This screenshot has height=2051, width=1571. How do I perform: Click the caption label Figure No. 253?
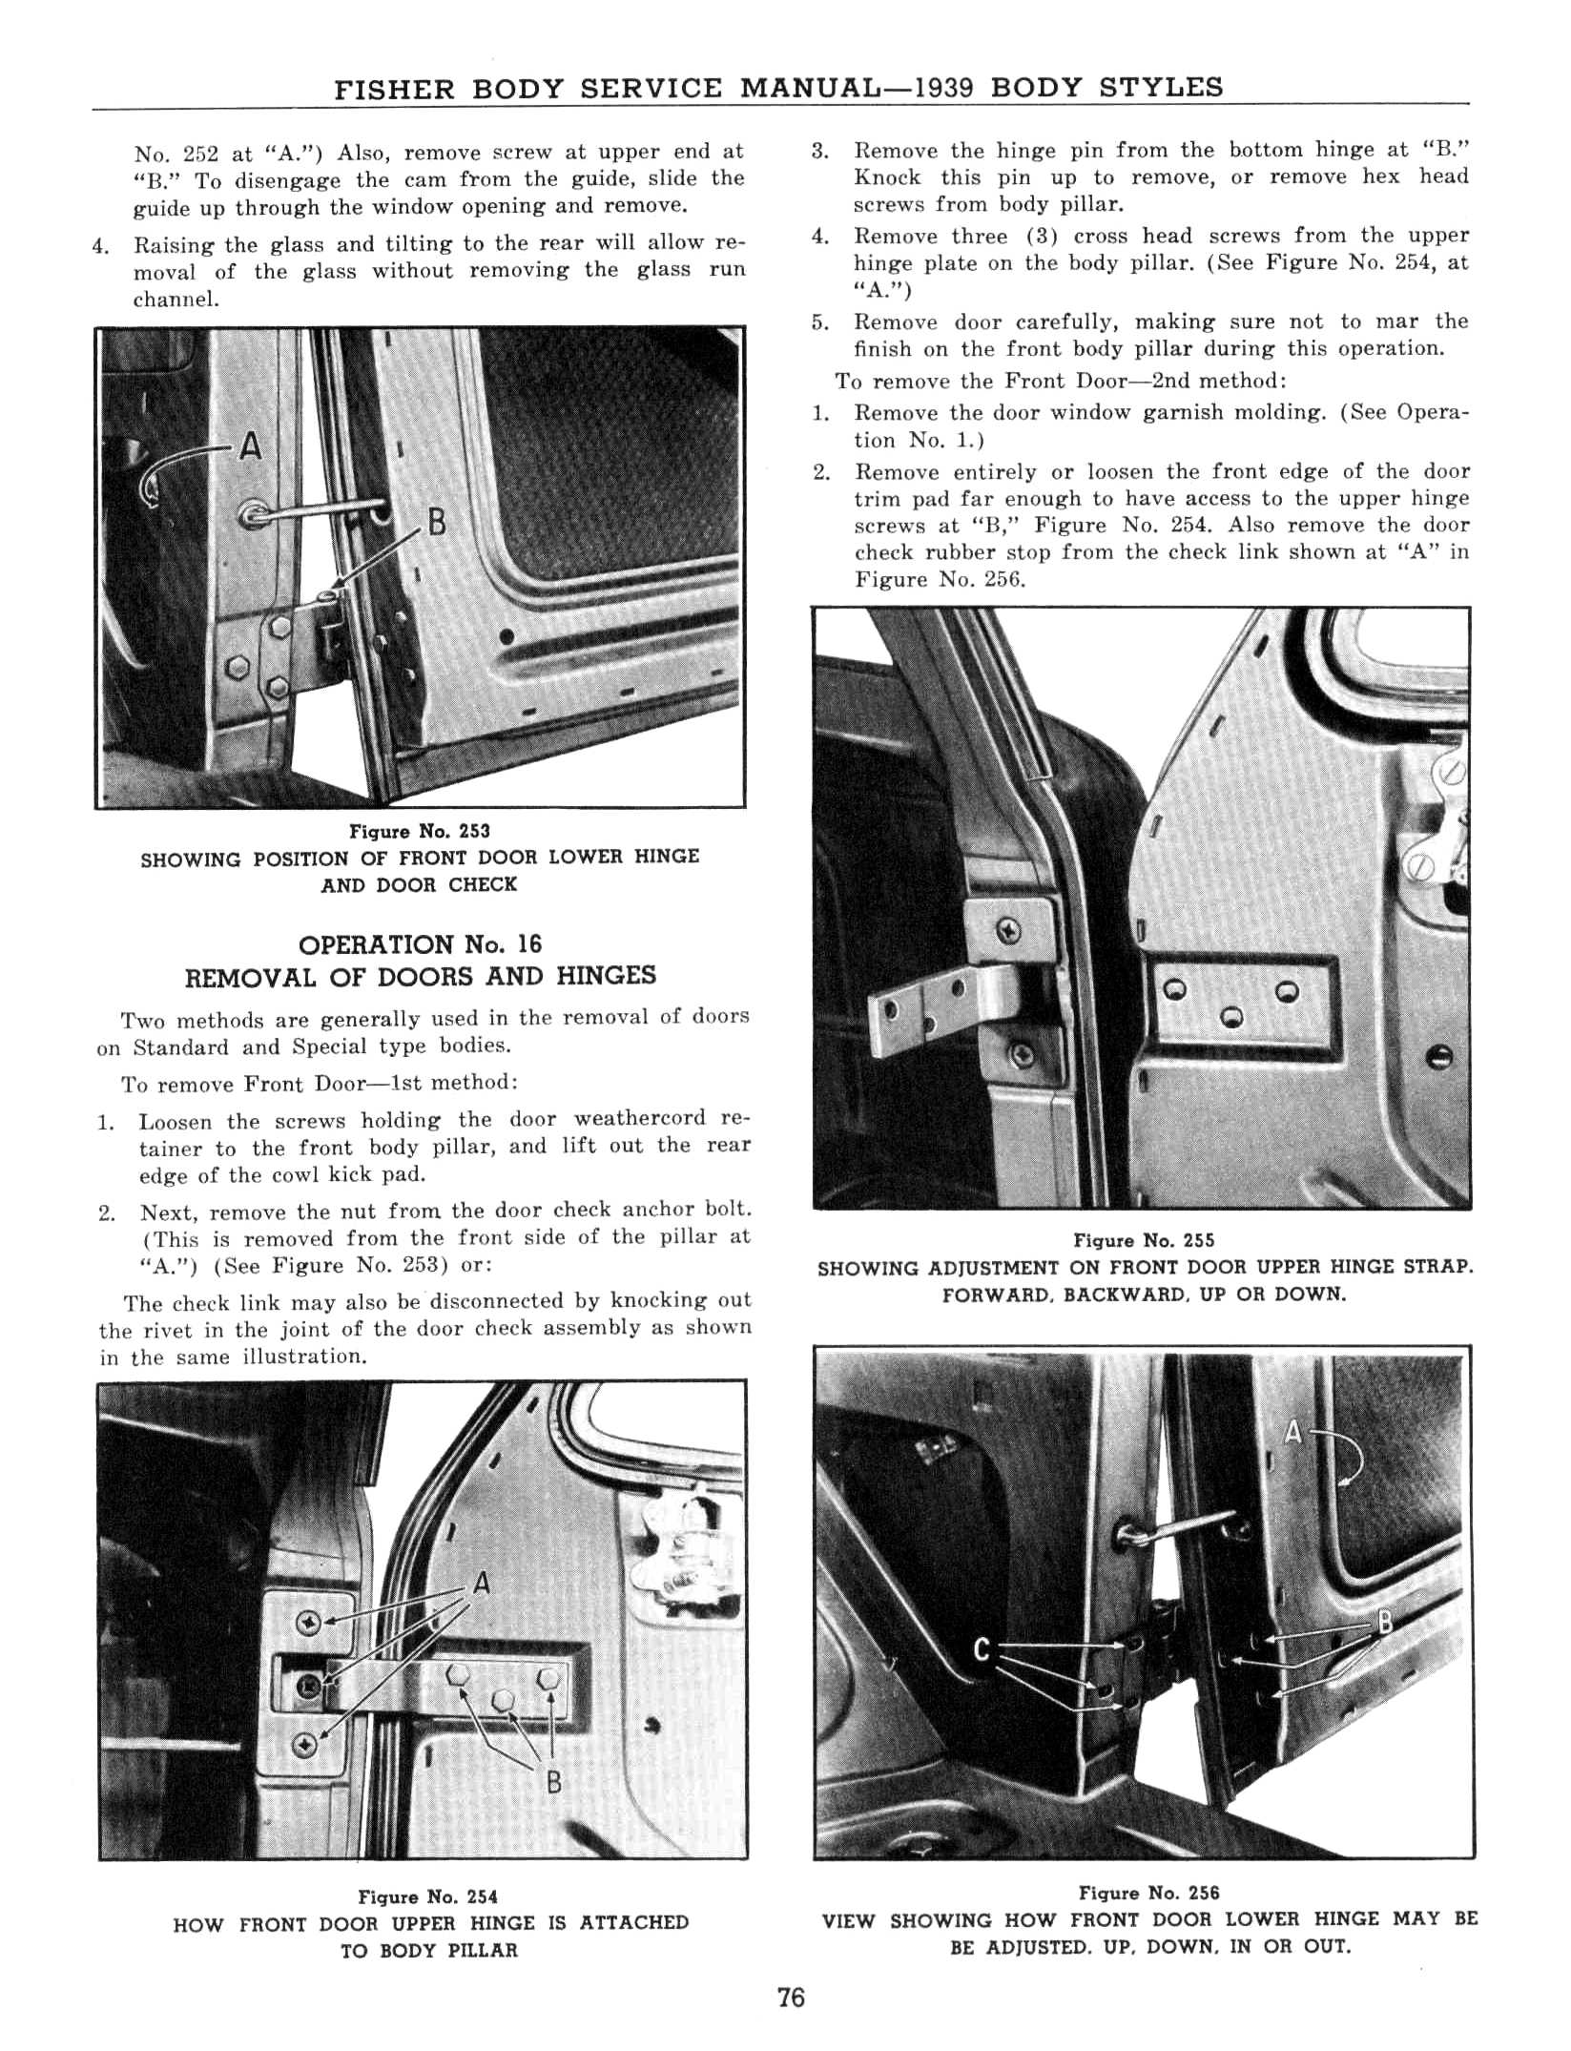(420, 832)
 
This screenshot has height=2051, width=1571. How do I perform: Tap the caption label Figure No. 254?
(427, 1897)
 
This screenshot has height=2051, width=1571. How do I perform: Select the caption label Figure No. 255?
(1144, 1241)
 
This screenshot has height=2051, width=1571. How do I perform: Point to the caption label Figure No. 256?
(1148, 1893)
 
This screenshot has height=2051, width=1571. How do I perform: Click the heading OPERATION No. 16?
(420, 944)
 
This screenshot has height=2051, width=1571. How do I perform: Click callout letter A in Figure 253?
(250, 445)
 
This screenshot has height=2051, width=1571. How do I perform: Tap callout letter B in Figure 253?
(437, 523)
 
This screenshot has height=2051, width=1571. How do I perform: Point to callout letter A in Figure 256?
(1294, 1432)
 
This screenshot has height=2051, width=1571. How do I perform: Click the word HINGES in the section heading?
(607, 976)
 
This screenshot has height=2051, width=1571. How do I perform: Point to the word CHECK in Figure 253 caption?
(483, 884)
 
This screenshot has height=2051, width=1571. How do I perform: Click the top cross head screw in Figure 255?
(1010, 930)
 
